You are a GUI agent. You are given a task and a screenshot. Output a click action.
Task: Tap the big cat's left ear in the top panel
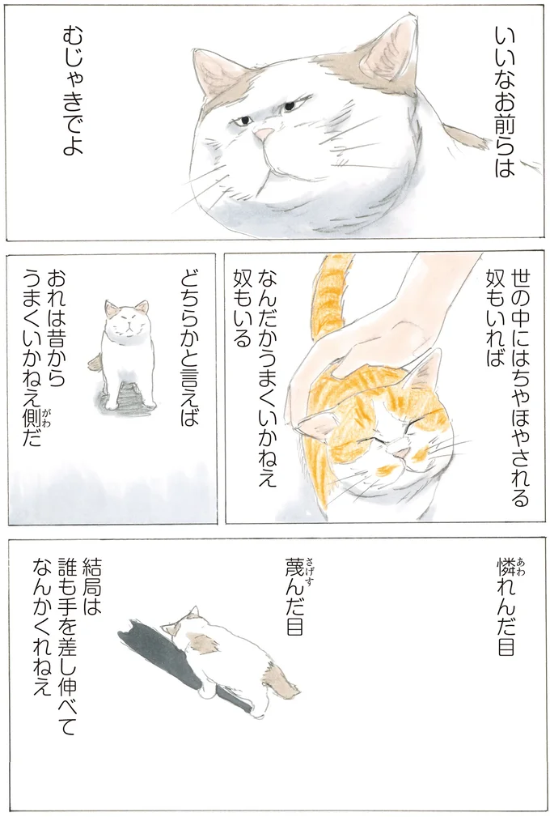point(214,77)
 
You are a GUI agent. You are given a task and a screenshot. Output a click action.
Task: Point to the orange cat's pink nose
point(395,446)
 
